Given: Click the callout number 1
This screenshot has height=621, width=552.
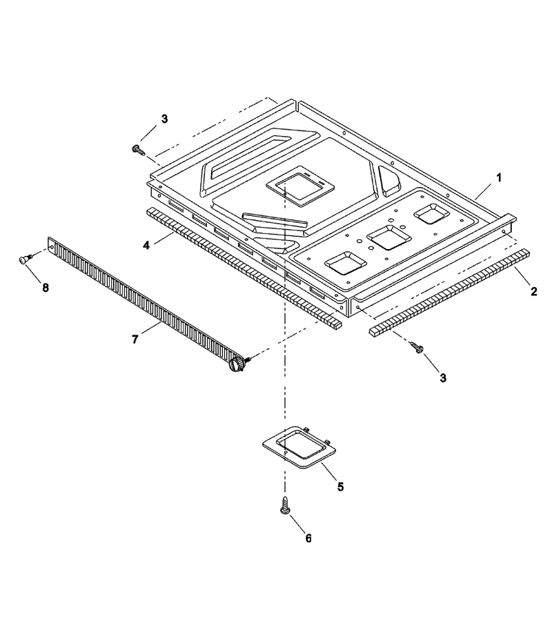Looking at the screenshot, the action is click(x=499, y=178).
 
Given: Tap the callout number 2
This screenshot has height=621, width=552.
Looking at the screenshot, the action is click(x=534, y=291).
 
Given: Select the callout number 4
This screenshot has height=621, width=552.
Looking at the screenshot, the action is click(x=146, y=246).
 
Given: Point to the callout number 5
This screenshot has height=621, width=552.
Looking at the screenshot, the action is click(x=341, y=486).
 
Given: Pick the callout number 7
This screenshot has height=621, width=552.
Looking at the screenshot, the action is click(x=135, y=339).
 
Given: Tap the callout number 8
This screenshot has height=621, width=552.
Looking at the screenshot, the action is click(x=46, y=288).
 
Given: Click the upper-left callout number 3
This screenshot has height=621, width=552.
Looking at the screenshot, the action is click(x=164, y=119).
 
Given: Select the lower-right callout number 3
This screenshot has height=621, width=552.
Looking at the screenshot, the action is click(x=443, y=378).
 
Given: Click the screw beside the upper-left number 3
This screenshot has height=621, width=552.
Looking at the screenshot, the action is click(x=137, y=149).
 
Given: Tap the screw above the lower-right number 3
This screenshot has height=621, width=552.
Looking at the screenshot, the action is click(x=417, y=347).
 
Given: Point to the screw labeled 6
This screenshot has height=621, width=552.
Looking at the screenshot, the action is click(x=284, y=505).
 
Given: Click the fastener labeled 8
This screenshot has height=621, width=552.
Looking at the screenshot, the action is click(x=26, y=259).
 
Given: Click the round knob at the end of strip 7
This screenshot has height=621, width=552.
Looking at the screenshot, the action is click(x=237, y=364).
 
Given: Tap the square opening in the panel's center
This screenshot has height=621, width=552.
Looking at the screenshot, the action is click(x=301, y=186).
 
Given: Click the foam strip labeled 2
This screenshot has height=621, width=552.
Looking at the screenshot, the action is click(x=450, y=293).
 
